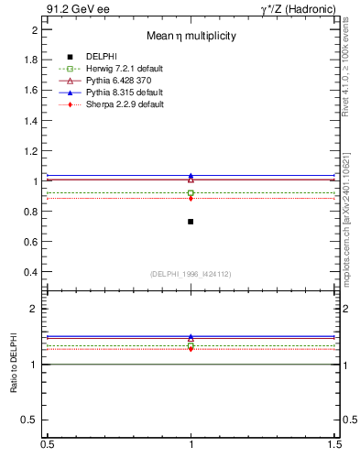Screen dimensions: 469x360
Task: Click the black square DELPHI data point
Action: (x=191, y=222)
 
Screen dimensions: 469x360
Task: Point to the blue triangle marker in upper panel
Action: (x=191, y=176)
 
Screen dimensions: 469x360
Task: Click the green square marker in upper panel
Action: (x=191, y=192)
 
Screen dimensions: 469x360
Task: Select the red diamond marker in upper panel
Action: (x=191, y=198)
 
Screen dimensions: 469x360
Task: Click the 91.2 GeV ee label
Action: (x=78, y=8)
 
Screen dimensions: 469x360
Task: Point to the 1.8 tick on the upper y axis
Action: (x=32, y=60)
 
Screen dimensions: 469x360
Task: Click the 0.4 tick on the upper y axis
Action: (x=32, y=272)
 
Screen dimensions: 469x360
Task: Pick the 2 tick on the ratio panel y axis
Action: (x=35, y=309)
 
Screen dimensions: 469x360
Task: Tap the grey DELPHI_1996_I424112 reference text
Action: (x=191, y=274)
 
